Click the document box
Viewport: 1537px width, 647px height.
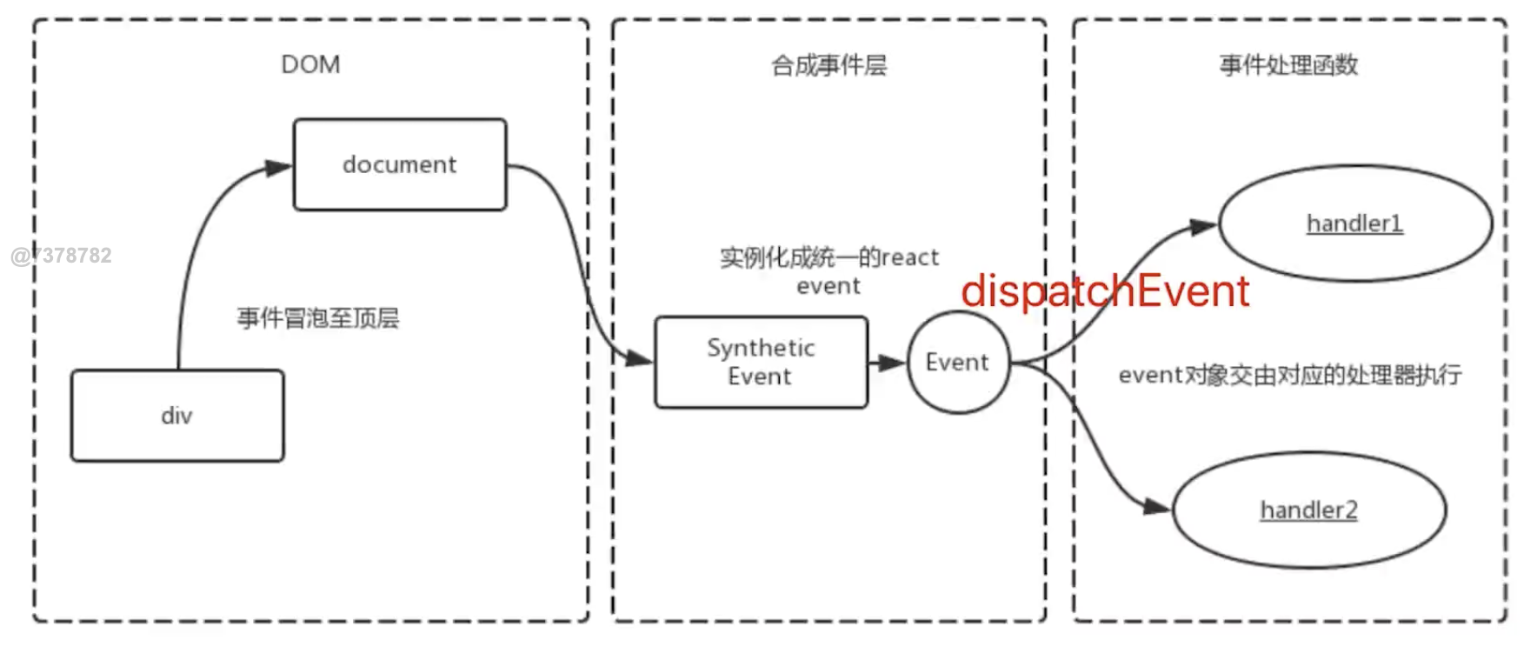(400, 164)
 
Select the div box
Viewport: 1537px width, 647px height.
(177, 416)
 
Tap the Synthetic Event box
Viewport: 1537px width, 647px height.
(761, 362)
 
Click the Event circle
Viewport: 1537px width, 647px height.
(958, 362)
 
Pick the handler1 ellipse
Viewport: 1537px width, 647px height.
(1354, 223)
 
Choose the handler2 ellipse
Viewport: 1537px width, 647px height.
(1308, 510)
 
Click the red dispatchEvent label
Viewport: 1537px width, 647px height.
(1105, 291)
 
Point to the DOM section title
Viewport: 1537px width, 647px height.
(310, 65)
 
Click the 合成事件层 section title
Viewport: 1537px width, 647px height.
(828, 65)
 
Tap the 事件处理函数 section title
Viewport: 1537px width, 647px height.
(1288, 65)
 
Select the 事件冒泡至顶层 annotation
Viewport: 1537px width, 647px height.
(318, 318)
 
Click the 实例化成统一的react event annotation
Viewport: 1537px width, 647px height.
(828, 270)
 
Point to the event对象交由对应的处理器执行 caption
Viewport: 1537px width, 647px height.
(1290, 375)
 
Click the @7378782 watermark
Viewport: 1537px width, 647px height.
(62, 256)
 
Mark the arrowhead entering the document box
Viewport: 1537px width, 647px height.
(279, 168)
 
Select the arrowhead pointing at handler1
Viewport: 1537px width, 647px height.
(1203, 227)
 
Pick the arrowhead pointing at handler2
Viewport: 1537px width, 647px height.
(1157, 506)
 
